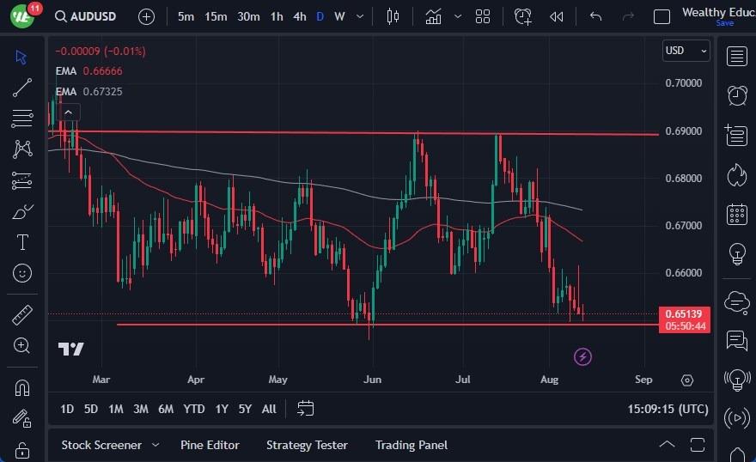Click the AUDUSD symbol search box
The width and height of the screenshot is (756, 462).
[x=87, y=16]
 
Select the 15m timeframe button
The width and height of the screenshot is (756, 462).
[x=216, y=16]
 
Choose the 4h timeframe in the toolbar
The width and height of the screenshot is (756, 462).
[x=299, y=16]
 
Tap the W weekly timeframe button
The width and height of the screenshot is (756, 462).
[x=339, y=16]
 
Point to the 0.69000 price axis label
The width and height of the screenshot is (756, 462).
[x=684, y=131]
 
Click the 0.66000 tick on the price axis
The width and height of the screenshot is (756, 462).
[x=684, y=273]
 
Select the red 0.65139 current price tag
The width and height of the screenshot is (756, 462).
[x=685, y=313]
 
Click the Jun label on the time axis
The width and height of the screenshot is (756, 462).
[x=372, y=379]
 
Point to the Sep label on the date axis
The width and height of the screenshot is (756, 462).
[x=643, y=379]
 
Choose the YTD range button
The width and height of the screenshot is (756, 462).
[x=194, y=409]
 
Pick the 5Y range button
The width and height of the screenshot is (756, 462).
[x=245, y=409]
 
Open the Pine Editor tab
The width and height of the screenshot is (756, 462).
[x=210, y=445]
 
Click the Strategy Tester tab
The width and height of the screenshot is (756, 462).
[x=307, y=445]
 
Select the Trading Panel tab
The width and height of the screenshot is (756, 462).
[x=411, y=445]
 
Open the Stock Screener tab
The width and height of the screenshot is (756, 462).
[x=101, y=445]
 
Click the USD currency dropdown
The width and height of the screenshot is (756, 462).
[x=686, y=51]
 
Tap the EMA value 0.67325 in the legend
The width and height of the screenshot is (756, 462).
[x=102, y=91]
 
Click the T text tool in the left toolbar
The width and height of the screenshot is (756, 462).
[x=22, y=242]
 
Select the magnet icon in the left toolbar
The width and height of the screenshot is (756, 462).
[x=22, y=387]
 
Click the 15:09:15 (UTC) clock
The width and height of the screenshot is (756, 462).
[x=667, y=409]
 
